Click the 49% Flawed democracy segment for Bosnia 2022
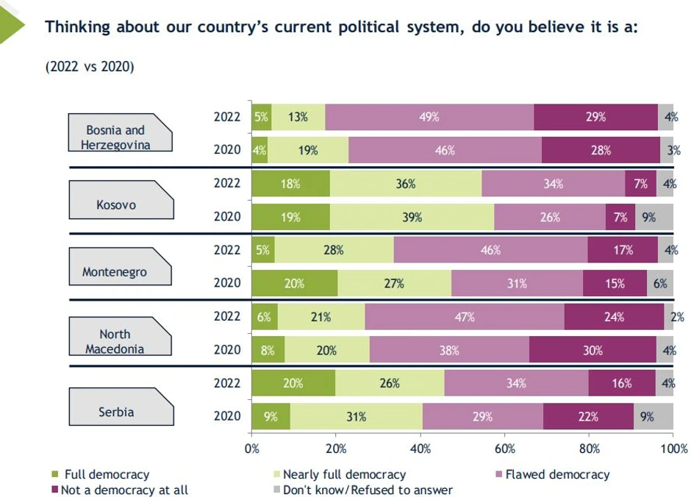pyautogui.click(x=429, y=116)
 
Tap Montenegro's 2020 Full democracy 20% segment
pyautogui.click(x=294, y=283)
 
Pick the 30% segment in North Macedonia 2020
pyautogui.click(x=592, y=350)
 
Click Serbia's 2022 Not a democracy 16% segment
pyautogui.click(x=622, y=383)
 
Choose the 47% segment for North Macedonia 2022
pyautogui.click(x=465, y=317)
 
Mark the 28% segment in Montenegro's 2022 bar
pyautogui.click(x=334, y=250)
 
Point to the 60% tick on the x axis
pyautogui.click(x=505, y=448)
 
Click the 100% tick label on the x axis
pyautogui.click(x=673, y=448)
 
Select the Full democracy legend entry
pyautogui.click(x=106, y=474)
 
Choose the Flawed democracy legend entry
pyautogui.click(x=555, y=474)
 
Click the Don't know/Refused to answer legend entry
pyautogui.click(x=367, y=490)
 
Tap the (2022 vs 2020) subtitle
pyautogui.click(x=89, y=67)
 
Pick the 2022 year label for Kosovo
pyautogui.click(x=227, y=183)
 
